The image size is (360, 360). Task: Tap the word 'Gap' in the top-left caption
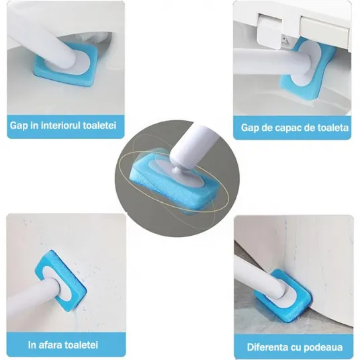17,126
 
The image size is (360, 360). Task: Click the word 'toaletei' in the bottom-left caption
81,345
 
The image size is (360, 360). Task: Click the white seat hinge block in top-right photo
269,31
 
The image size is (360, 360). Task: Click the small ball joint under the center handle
177,170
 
